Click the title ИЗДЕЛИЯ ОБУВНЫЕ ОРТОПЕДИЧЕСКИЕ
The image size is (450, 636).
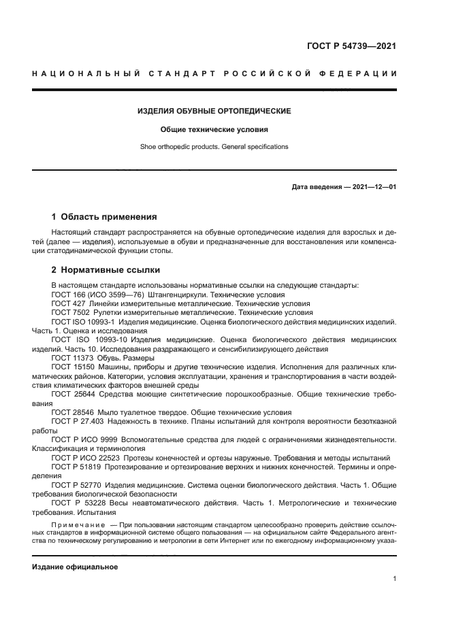[x=214, y=110]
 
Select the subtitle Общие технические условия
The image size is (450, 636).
[x=214, y=129]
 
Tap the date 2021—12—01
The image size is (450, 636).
[x=373, y=186]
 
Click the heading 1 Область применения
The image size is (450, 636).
[x=104, y=218]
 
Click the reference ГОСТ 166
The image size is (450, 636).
[x=66, y=295]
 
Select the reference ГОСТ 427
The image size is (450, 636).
[x=66, y=303]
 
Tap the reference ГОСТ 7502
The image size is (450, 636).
[x=68, y=312]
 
